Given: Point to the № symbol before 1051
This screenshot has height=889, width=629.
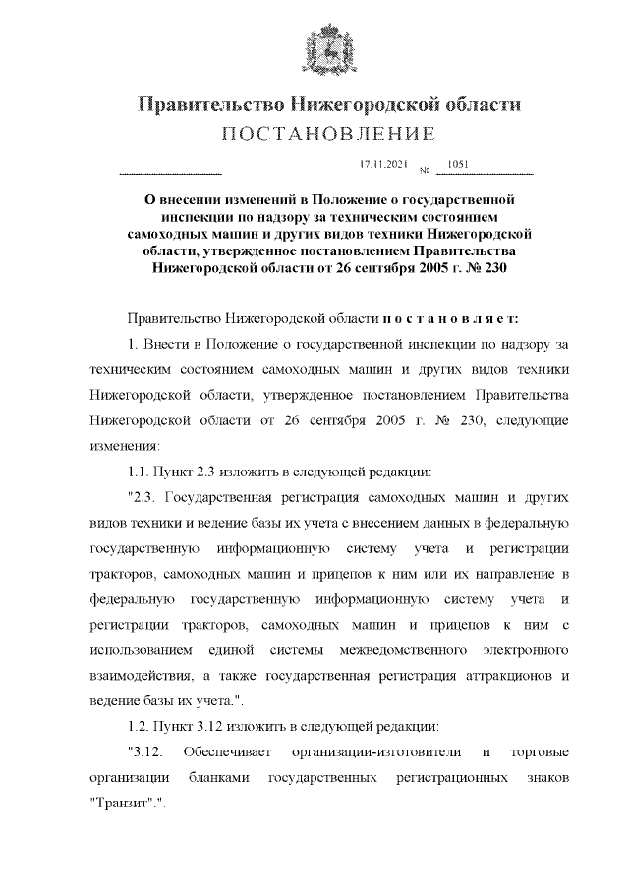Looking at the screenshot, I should click(426, 171).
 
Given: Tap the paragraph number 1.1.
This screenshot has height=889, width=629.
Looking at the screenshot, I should click(142, 469).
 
